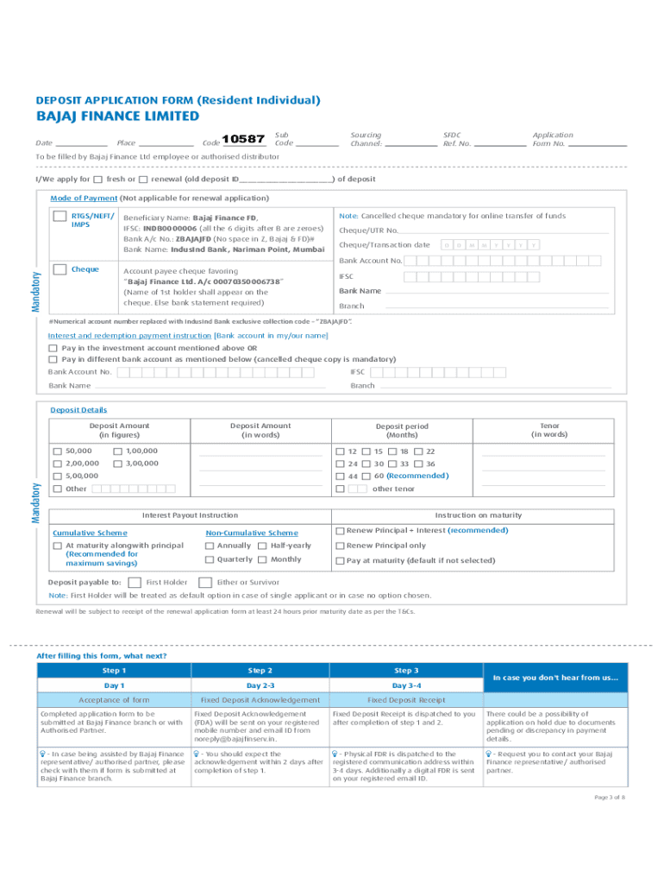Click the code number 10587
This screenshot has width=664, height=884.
243,139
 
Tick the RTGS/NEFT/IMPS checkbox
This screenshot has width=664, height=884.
60,217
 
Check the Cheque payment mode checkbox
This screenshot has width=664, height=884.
60,269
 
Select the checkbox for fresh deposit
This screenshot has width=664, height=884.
97,180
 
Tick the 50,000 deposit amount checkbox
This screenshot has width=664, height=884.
57,451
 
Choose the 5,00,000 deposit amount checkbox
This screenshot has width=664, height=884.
57,476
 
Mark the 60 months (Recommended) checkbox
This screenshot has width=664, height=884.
366,476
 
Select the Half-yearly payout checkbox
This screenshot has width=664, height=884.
260,546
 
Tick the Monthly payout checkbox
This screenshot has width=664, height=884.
260,559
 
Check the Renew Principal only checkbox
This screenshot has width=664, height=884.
340,546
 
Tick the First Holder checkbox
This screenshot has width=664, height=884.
135,582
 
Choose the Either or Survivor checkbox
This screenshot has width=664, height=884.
206,582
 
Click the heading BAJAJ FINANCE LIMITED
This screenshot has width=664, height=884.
117,117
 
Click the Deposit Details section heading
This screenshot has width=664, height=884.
78,410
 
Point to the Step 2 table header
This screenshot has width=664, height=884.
260,671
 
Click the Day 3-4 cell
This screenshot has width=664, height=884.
406,685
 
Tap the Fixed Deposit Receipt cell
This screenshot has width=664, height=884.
406,699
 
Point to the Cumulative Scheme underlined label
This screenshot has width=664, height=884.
90,533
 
